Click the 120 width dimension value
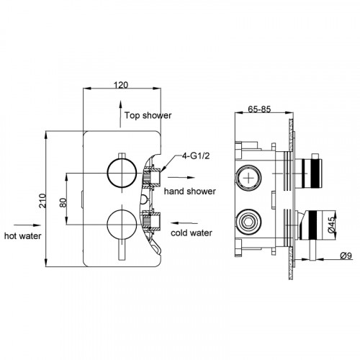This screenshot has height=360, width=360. (x=121, y=85)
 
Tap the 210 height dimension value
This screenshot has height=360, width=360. (x=42, y=201)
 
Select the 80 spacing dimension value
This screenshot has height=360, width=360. (x=63, y=202)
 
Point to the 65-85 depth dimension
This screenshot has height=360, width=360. (x=259, y=109)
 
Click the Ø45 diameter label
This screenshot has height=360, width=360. (x=331, y=225)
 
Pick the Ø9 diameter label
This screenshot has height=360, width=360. (x=346, y=256)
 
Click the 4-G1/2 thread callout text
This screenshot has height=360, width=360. (x=196, y=156)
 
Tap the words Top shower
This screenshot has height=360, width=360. (x=148, y=115)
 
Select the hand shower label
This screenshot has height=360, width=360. (x=190, y=192)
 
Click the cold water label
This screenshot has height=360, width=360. (x=192, y=233)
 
